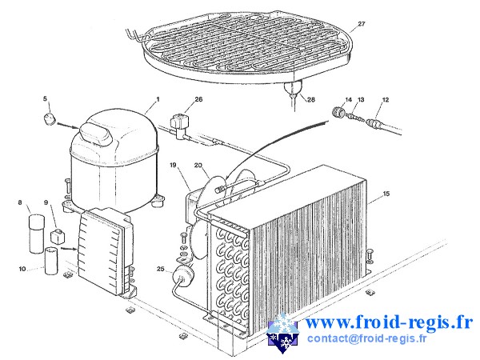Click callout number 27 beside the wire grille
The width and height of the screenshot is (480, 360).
(x=362, y=24)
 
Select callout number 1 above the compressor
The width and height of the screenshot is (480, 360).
(x=158, y=98)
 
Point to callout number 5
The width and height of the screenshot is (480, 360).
(x=46, y=99)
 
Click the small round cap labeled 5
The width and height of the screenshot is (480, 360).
(x=50, y=121)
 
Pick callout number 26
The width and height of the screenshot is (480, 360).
(x=198, y=100)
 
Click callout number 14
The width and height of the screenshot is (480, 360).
(x=348, y=100)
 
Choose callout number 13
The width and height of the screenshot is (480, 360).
(x=361, y=100)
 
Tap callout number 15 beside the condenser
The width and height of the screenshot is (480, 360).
(x=386, y=194)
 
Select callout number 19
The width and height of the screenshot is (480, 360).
(x=173, y=165)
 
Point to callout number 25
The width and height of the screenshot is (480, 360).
(x=160, y=270)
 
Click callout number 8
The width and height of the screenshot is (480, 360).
(x=20, y=204)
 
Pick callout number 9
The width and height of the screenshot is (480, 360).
(x=46, y=203)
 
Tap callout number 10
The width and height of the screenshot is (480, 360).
(x=22, y=268)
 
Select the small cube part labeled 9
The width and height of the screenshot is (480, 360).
(x=56, y=237)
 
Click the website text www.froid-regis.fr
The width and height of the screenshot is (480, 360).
(x=389, y=323)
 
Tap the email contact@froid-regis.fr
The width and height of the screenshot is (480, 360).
(x=367, y=339)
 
